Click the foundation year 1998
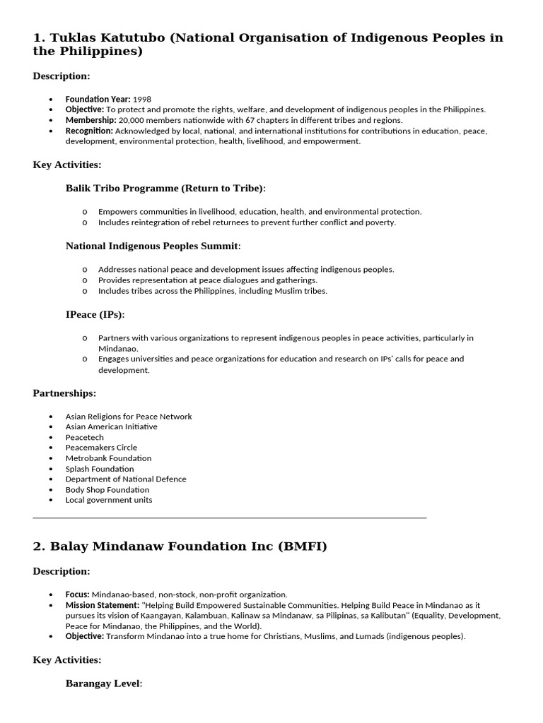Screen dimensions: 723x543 click(142, 100)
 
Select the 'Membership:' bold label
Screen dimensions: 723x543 click(89, 120)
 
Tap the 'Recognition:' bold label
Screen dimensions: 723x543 click(89, 131)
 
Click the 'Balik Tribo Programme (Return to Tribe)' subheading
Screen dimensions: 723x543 click(165, 189)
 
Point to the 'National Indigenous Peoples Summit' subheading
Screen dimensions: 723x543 click(153, 246)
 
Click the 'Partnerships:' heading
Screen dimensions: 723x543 click(64, 393)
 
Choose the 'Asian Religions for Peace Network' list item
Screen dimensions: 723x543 click(129, 417)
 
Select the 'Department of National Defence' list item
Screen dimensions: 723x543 click(126, 479)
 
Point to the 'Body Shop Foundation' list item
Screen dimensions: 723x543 click(107, 489)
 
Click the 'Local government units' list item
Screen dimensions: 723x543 click(109, 500)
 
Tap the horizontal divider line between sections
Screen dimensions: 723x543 click(230, 518)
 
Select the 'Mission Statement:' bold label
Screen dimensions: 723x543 click(102, 605)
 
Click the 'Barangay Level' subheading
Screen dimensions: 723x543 click(103, 683)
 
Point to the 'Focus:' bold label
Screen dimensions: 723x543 click(78, 594)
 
